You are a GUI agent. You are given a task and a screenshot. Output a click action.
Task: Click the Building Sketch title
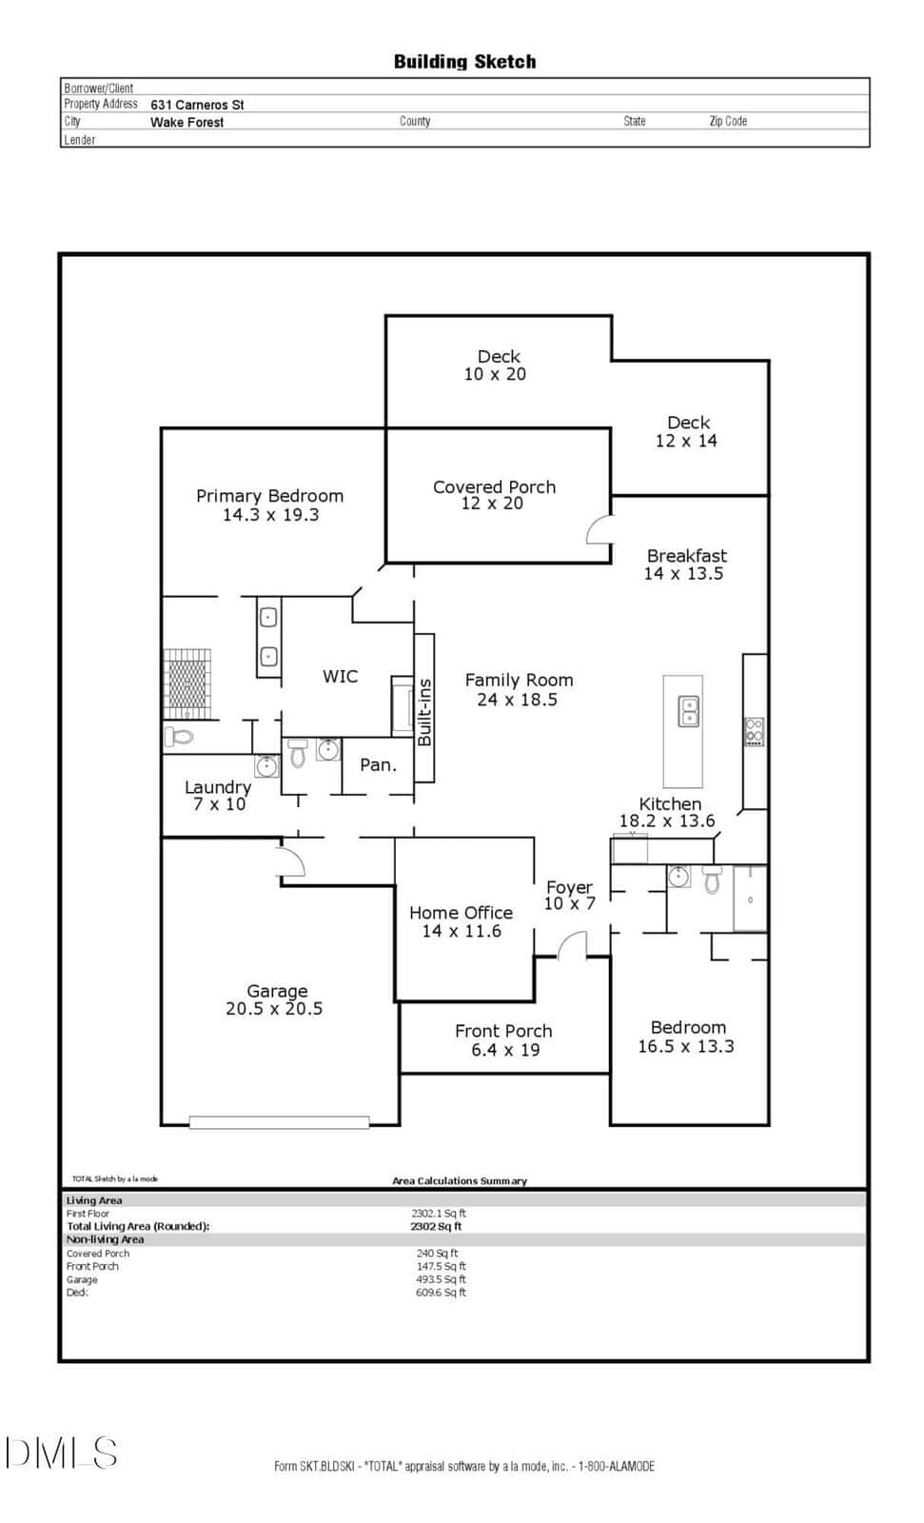pos(464,62)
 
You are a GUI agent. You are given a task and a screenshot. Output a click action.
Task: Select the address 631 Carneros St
pos(196,105)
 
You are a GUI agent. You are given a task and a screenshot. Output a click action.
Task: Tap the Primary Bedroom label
pos(269,496)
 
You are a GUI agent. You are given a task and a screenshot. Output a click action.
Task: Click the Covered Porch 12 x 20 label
pos(494,495)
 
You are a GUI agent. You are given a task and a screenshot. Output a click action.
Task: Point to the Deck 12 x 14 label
pos(687,432)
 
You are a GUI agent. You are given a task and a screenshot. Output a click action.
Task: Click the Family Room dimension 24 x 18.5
pos(518,700)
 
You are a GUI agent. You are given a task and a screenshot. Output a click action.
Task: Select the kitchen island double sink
pos(689,711)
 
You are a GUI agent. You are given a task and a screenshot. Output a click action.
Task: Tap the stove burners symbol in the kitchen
pos(754,732)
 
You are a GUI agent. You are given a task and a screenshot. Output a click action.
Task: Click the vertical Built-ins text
pos(424,712)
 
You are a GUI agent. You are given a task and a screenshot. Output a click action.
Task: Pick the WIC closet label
pos(340,676)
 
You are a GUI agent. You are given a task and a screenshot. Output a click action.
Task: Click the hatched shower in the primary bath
pos(187,683)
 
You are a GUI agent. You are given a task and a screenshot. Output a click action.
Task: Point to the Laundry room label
pos(218,787)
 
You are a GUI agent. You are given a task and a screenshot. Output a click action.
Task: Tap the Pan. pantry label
pos(378,765)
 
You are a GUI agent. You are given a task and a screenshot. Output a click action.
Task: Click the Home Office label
pos(461,913)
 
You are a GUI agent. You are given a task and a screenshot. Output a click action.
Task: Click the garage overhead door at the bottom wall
pos(279,1122)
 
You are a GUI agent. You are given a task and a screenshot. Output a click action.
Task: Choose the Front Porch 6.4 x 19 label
pos(503,1040)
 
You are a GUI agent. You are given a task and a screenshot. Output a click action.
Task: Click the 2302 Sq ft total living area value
pos(436,1227)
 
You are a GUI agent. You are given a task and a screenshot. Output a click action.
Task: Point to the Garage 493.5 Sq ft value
pos(441,1279)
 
